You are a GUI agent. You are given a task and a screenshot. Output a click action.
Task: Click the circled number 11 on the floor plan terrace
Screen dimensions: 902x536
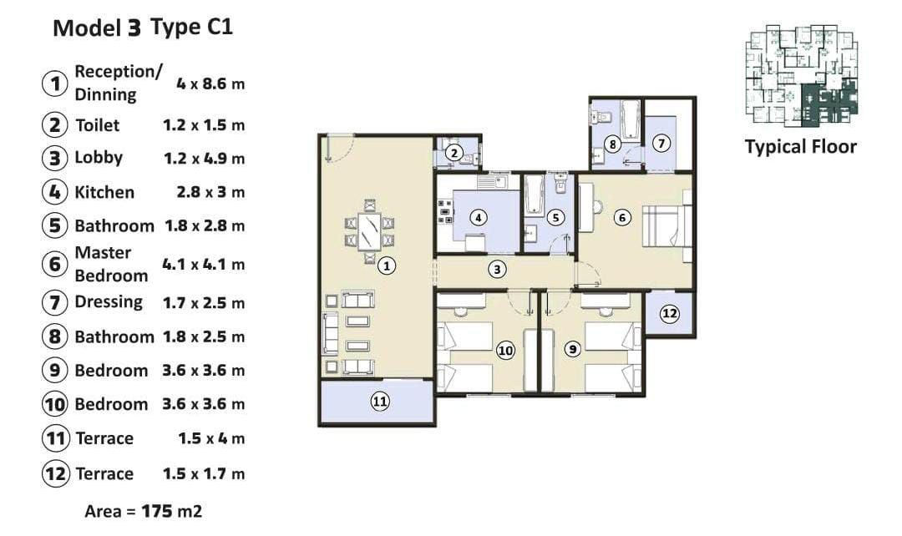[380, 401]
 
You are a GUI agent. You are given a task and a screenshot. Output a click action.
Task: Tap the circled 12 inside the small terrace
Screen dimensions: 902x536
[670, 313]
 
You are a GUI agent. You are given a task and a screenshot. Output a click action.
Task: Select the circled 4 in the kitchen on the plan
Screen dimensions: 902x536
[478, 217]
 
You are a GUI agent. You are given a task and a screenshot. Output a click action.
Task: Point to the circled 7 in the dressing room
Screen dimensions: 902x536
[661, 144]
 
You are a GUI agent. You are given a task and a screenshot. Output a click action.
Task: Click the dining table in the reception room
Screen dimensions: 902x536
[369, 231]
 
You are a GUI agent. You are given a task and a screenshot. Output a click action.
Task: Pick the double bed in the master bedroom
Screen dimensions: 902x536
[667, 226]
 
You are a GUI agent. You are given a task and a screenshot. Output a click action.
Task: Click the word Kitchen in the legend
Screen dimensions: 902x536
[104, 192]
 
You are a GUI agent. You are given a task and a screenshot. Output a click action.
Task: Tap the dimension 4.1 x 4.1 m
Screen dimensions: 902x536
[204, 265]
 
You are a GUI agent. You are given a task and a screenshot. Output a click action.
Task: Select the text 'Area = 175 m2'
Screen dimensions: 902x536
[144, 511]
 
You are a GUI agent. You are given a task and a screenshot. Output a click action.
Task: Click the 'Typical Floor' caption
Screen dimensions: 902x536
[801, 147]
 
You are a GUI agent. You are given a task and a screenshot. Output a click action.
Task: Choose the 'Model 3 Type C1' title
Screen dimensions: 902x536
[144, 28]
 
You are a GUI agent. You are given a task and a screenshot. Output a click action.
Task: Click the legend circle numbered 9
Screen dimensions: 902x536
[54, 370]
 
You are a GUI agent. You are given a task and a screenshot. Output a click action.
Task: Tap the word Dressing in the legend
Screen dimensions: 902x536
[109, 302]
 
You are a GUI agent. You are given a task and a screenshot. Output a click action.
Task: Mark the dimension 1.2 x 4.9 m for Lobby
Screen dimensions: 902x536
[205, 158]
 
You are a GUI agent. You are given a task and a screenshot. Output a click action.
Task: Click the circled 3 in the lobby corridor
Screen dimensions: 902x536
[497, 269]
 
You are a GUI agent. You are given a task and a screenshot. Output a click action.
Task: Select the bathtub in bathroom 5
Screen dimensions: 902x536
[535, 195]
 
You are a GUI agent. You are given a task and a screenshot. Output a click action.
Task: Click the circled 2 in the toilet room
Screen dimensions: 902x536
[454, 153]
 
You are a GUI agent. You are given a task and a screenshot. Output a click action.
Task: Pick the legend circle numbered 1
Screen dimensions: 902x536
[54, 83]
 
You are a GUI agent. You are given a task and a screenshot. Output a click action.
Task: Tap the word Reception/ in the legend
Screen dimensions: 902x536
[119, 72]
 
